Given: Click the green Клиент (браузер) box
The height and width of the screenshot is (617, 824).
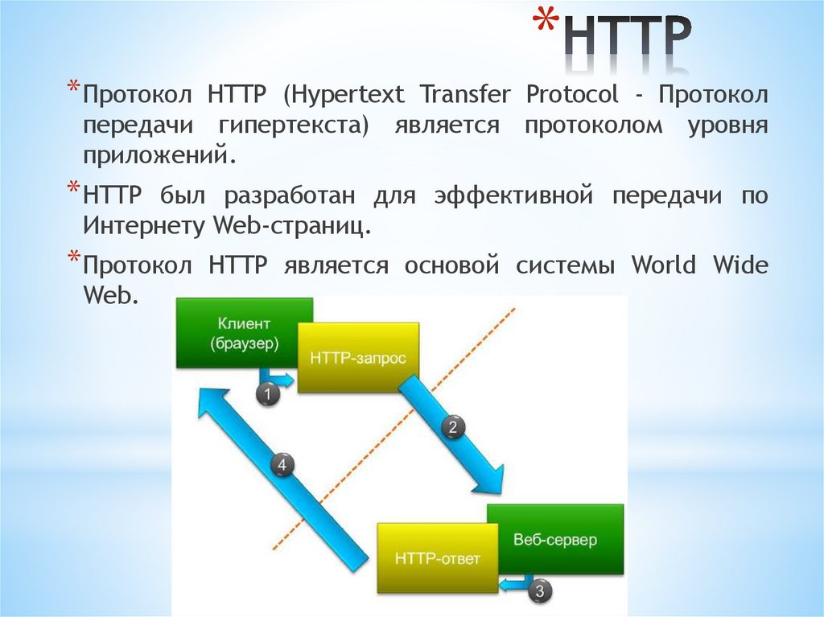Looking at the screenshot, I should (x=245, y=332).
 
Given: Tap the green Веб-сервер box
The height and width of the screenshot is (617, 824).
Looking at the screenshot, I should (x=555, y=539).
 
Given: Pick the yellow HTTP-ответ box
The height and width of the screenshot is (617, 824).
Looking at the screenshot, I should (x=437, y=557).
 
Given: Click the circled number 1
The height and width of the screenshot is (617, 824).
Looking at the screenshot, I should (x=267, y=393).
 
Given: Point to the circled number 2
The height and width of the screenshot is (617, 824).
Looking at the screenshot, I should (x=452, y=427).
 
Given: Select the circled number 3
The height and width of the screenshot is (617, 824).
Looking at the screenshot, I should (x=540, y=591).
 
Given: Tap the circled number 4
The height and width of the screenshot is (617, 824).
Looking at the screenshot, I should (x=282, y=464).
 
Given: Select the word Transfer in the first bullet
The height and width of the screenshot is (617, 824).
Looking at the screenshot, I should (x=464, y=96).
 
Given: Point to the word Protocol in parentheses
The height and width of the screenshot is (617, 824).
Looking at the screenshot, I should (x=572, y=96).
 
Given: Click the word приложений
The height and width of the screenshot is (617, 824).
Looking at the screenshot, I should (x=157, y=155).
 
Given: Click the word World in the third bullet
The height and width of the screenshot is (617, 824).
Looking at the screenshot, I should (x=663, y=265).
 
